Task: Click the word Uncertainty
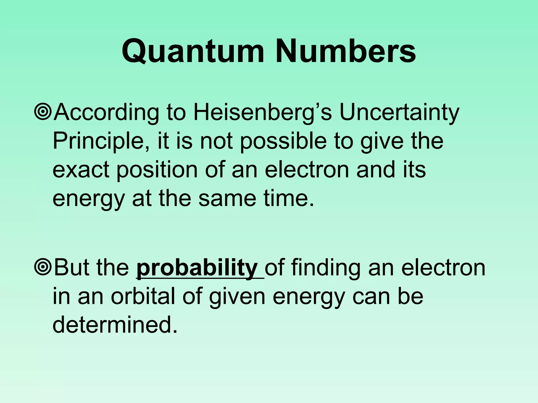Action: point(399,113)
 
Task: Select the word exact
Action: point(81,170)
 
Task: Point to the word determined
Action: point(114,325)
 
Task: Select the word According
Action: point(106,113)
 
